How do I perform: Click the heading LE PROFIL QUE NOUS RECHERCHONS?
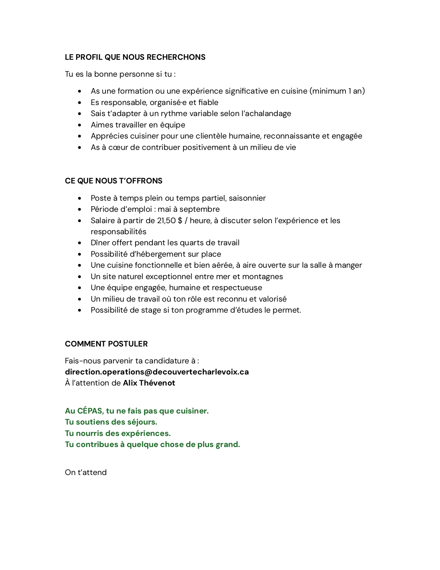click(135, 57)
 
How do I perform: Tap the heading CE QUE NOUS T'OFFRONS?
click(114, 181)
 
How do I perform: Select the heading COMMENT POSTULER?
click(106, 344)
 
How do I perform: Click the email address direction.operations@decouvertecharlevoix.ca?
click(157, 372)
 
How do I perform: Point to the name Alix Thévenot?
click(149, 383)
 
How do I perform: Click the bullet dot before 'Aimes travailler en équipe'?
click(80, 125)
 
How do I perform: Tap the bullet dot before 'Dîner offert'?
click(80, 243)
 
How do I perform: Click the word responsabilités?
click(118, 231)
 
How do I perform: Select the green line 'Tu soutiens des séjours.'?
click(111, 422)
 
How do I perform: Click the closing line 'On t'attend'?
click(86, 472)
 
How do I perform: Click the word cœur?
click(118, 147)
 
